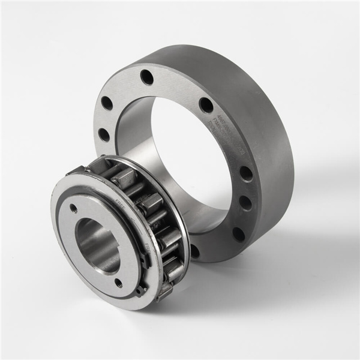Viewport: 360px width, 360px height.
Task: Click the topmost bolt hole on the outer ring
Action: [147, 77]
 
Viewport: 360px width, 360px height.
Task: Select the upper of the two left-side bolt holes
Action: [107, 103]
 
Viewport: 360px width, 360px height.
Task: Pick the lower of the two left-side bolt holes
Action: [104, 134]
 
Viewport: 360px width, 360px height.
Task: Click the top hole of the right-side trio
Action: [246, 174]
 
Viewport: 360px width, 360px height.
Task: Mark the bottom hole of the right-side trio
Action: [238, 233]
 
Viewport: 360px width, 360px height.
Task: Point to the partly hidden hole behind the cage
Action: [194, 251]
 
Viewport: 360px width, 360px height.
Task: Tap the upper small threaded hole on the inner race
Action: [73, 209]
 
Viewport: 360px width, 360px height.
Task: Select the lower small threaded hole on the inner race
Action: [118, 282]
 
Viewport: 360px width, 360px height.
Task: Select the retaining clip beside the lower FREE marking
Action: [146, 262]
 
